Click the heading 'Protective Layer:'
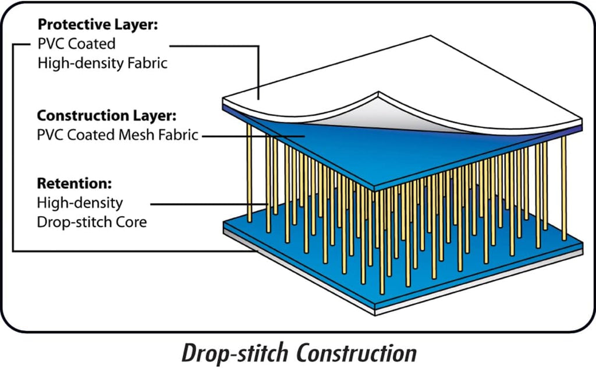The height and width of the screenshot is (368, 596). point(98,24)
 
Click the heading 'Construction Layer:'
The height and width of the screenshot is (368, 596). point(107,115)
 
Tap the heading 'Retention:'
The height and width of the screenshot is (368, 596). point(74,183)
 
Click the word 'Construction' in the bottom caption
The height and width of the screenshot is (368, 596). point(357,353)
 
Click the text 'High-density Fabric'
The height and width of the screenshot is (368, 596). point(102,63)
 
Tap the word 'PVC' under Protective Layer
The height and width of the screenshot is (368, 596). point(51,44)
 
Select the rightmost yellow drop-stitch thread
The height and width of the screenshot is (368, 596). point(563,188)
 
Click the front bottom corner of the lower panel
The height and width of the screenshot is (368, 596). point(375,315)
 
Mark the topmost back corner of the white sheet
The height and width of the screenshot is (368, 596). point(431,36)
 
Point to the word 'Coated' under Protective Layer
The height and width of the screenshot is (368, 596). point(91,44)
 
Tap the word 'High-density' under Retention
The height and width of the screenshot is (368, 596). point(80,203)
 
